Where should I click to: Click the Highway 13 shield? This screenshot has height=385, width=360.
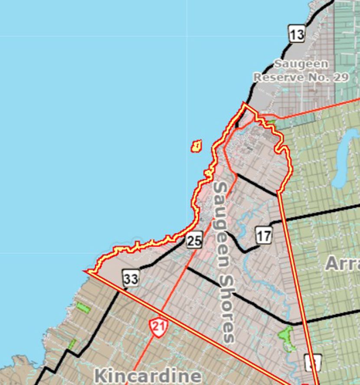point(297,33)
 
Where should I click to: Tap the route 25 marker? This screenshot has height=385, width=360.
point(194,240)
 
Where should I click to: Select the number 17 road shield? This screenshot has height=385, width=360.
point(263,235)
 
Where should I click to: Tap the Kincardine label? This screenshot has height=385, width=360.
point(147,375)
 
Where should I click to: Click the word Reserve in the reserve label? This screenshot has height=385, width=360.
point(278,77)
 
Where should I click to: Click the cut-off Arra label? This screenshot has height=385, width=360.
point(342,263)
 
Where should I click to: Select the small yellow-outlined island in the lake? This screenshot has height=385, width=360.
point(196,146)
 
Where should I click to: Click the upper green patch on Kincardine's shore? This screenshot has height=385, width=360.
point(83,308)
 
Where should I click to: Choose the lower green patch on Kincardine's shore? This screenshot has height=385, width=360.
point(72,345)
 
